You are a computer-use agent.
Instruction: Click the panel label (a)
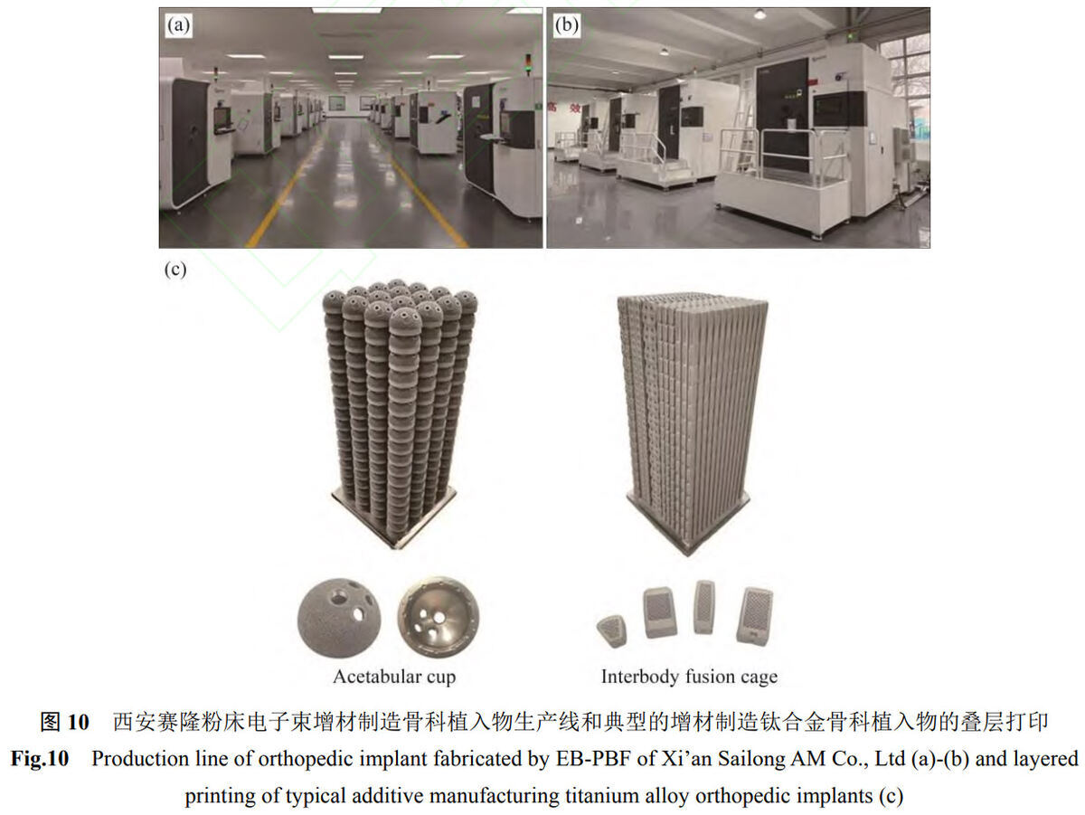coord(178,25)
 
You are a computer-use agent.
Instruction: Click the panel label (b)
coord(566,25)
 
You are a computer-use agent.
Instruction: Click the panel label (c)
coord(175,270)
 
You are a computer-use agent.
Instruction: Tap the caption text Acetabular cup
coord(394,677)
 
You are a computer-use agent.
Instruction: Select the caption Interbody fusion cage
coord(689,677)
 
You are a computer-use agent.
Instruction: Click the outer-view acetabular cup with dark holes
coord(339,618)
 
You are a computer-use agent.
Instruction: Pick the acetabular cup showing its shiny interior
coord(438,617)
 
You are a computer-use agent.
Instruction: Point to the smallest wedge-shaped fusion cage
coord(612,631)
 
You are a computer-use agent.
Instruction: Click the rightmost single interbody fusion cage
coord(754,616)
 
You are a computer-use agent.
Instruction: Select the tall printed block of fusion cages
coord(691,422)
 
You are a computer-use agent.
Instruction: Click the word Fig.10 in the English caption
coord(40,759)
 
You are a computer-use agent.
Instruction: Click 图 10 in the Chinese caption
coord(65,722)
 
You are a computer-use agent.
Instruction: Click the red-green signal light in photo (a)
coord(528,65)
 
